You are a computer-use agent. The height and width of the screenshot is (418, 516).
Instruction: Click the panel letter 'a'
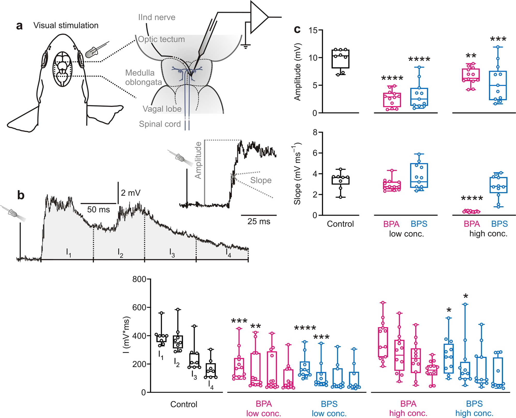[x=19, y=26]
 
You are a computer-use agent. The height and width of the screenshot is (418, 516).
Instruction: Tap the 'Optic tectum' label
[x=161, y=39]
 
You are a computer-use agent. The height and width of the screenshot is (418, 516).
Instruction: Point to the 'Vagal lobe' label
[x=162, y=109]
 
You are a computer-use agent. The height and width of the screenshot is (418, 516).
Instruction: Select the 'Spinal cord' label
[x=160, y=124]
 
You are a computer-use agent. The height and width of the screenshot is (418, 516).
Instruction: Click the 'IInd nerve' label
[x=157, y=17]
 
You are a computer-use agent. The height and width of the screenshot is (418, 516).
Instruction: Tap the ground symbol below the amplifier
[x=246, y=47]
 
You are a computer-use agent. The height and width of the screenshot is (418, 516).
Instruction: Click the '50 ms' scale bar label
[x=98, y=210]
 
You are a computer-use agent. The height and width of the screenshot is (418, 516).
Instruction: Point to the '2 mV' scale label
[x=131, y=193]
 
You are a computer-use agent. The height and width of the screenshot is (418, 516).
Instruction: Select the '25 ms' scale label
[x=259, y=221]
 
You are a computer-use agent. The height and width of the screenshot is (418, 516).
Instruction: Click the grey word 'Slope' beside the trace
[x=261, y=180]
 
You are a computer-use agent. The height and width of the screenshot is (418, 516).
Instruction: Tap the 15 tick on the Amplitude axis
[x=313, y=31]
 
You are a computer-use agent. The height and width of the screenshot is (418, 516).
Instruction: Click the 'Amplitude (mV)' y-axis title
[x=298, y=72]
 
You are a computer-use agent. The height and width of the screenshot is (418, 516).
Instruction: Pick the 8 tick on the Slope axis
[x=315, y=132]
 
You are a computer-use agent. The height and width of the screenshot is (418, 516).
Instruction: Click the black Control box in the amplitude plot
[x=340, y=59]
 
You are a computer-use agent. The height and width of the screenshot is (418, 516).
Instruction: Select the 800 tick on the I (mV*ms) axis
[x=139, y=279]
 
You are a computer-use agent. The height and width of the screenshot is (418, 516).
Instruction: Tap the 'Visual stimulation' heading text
[x=66, y=25]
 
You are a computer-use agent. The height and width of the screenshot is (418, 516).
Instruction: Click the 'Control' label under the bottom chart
[x=184, y=404]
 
